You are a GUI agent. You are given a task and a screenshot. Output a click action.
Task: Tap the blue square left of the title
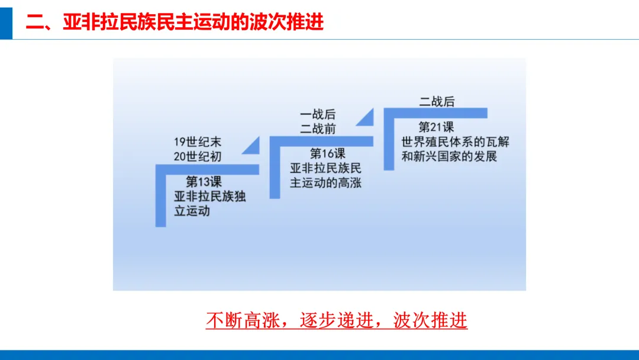tap(6, 23)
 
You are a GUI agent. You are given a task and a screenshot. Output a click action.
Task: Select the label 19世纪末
tap(198, 142)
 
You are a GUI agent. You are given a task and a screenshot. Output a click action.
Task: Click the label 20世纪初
tap(198, 156)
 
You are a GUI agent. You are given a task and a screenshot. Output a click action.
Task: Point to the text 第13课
tap(204, 181)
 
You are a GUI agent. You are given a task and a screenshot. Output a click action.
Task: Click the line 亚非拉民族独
tap(210, 196)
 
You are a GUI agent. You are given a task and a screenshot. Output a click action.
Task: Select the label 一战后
tap(318, 114)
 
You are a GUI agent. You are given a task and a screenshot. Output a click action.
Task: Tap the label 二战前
tap(318, 129)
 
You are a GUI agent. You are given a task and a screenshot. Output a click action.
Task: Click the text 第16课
tap(328, 154)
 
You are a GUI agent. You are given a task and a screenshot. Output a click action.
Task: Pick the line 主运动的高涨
tap(325, 182)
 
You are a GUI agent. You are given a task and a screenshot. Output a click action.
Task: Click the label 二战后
tap(437, 101)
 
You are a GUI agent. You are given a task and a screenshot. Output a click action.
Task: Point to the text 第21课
tap(436, 127)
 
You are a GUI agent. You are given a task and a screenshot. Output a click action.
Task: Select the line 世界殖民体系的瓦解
tap(455, 142)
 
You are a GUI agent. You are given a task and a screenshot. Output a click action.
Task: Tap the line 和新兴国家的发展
tap(449, 156)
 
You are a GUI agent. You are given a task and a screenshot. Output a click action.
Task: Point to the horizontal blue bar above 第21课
tap(435, 113)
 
